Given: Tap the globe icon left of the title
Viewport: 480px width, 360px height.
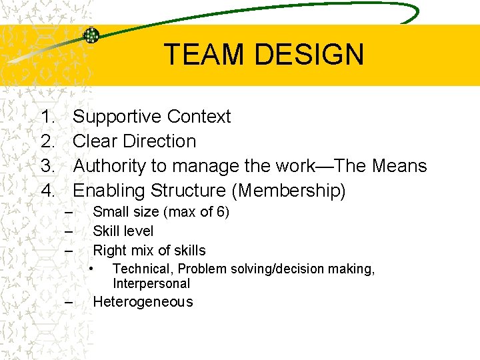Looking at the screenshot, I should [91, 35].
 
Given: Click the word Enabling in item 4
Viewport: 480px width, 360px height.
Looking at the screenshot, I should [109, 191].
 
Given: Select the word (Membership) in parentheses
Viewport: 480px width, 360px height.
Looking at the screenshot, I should [288, 191].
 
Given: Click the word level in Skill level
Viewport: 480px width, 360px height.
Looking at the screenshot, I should [139, 231].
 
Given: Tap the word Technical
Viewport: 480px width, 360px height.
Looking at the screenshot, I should [143, 269].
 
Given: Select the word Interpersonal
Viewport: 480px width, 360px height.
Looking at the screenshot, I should [151, 283].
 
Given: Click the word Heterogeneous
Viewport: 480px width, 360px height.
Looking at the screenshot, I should [143, 302].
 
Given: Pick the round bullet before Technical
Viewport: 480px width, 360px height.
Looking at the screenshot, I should [93, 268].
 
